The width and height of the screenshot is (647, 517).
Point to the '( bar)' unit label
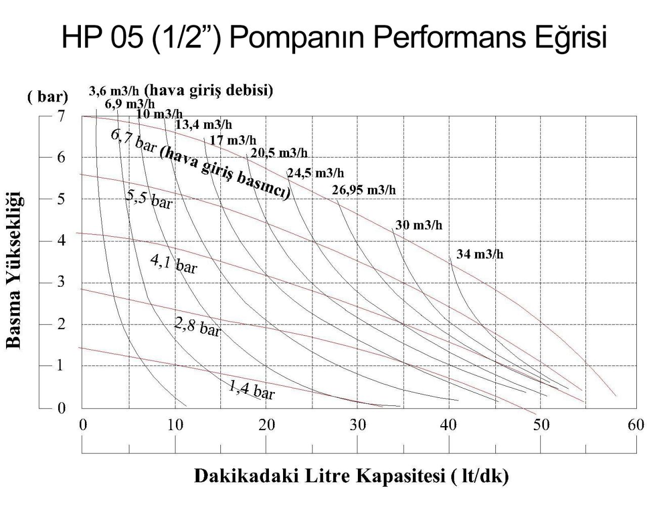(x=48, y=97)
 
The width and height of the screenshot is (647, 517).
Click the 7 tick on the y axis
(x=61, y=116)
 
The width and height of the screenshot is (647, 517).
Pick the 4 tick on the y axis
(x=61, y=240)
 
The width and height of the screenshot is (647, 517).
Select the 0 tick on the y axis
(x=61, y=407)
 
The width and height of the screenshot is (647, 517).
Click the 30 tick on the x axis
(x=357, y=425)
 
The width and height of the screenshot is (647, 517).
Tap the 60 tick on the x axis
(x=635, y=425)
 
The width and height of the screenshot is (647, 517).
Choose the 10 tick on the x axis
(x=174, y=425)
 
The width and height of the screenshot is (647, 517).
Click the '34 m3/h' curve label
(x=480, y=254)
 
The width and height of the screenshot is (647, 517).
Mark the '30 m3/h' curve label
(x=419, y=225)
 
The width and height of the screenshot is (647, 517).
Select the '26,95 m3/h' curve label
(x=363, y=190)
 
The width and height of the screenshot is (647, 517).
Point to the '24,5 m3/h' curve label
(x=315, y=174)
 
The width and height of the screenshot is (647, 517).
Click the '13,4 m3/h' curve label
(x=204, y=125)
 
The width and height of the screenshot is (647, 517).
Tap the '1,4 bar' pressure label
(x=251, y=389)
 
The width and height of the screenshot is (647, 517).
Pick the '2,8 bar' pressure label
(x=198, y=327)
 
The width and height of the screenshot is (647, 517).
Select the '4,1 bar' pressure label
(x=174, y=263)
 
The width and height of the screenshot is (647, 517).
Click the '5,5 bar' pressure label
(x=149, y=199)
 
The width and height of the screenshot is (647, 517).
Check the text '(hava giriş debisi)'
(x=209, y=91)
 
